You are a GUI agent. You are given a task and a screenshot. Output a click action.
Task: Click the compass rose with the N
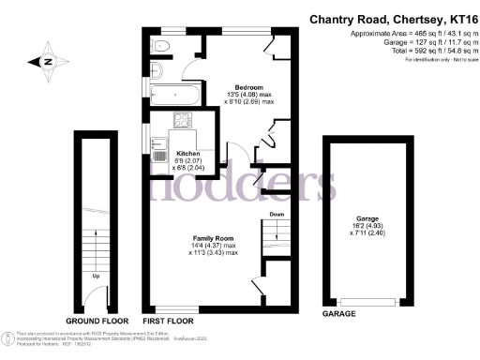48,62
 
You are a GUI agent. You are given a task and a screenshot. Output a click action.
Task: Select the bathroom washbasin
156,73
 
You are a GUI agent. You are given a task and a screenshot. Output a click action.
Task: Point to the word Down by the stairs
276,214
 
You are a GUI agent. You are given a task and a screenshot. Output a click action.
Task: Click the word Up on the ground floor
97,277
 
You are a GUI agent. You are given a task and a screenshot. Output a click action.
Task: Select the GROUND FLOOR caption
96,320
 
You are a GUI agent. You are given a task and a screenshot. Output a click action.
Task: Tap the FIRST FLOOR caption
169,320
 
